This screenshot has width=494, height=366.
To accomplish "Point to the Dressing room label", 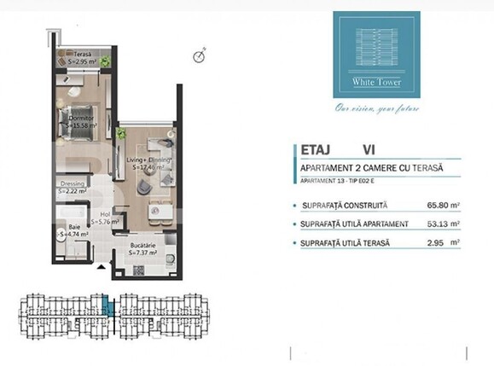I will tap(73, 188).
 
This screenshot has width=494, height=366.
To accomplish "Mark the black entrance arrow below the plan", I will tap(103, 268).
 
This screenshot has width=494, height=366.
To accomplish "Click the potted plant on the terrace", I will tap(103, 61).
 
